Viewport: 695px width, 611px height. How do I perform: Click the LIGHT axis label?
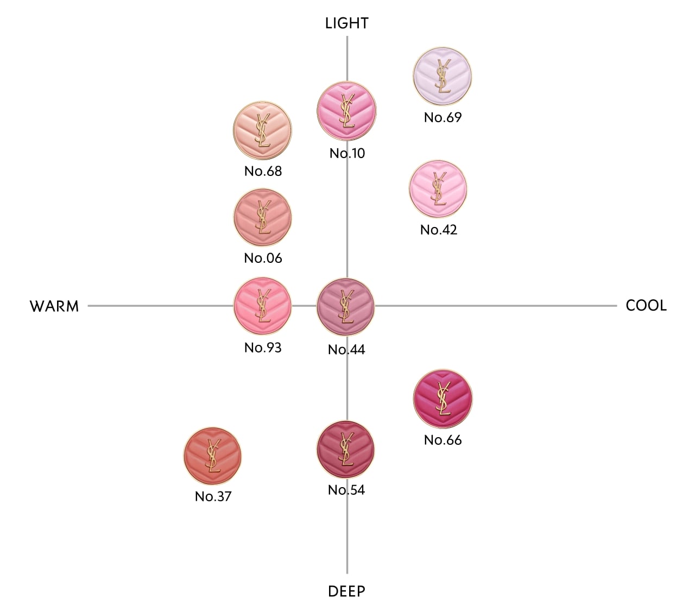pyautogui.click(x=346, y=23)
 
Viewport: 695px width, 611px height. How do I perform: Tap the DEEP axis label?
pyautogui.click(x=346, y=591)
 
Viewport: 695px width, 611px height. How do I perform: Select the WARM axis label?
pyautogui.click(x=54, y=306)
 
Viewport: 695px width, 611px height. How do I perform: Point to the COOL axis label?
pyautogui.click(x=646, y=305)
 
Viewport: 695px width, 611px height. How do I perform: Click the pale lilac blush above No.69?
pyautogui.click(x=442, y=76)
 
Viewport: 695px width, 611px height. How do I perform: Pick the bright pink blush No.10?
pyautogui.click(x=346, y=111)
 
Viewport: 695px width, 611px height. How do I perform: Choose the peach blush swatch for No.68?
pyautogui.click(x=262, y=130)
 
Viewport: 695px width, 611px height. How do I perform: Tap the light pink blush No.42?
pyautogui.click(x=438, y=188)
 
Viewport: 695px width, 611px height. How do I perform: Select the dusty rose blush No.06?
pyautogui.click(x=262, y=217)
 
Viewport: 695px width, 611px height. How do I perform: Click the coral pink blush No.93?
pyautogui.click(x=262, y=306)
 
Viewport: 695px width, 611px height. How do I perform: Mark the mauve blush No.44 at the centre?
pyautogui.click(x=345, y=307)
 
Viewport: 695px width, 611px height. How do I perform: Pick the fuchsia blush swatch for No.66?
pyautogui.click(x=443, y=399)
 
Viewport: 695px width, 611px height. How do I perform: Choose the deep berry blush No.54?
pyautogui.click(x=345, y=449)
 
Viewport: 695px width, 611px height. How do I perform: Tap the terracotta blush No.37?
pyautogui.click(x=212, y=456)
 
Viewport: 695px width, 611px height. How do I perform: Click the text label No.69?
pyautogui.click(x=443, y=118)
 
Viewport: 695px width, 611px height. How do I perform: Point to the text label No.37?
pyautogui.click(x=213, y=496)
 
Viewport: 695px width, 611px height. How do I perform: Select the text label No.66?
pyautogui.click(x=443, y=440)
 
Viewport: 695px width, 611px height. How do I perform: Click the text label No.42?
pyautogui.click(x=438, y=230)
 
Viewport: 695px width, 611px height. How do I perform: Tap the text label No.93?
pyautogui.click(x=263, y=348)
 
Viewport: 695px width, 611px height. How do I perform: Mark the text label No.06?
pyautogui.click(x=263, y=259)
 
